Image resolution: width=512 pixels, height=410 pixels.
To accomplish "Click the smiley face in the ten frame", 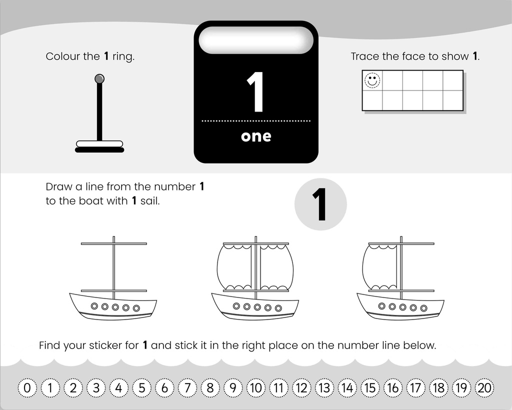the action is click(372, 80).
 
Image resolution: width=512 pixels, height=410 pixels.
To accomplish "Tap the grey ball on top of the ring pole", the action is click(99, 78).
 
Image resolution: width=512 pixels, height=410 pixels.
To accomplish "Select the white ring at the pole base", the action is click(99, 143).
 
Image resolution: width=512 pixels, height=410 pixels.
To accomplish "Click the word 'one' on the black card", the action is click(256, 136).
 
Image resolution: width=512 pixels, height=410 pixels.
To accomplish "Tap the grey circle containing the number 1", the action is click(320, 204).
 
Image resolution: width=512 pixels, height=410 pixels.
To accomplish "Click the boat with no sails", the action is click(113, 278).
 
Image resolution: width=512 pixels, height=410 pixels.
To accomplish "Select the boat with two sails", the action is click(255, 278).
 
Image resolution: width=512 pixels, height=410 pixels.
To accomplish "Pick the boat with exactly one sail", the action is click(400, 278).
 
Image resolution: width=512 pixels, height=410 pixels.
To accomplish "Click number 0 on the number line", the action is click(27, 388).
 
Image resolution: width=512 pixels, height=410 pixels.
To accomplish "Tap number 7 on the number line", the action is click(187, 388).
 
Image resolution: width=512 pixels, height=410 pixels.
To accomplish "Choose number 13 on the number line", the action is click(324, 388).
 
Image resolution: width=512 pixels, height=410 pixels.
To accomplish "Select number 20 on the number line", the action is click(484, 388).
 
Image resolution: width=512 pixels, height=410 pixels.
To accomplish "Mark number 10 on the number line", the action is click(256, 388).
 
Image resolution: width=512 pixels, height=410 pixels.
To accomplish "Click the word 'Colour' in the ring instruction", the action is click(63, 56).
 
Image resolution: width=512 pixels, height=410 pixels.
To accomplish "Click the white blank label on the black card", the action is click(256, 40).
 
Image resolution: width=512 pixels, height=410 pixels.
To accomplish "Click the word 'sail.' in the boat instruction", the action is click(150, 201).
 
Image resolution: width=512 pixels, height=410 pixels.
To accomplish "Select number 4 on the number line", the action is click(119, 388).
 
